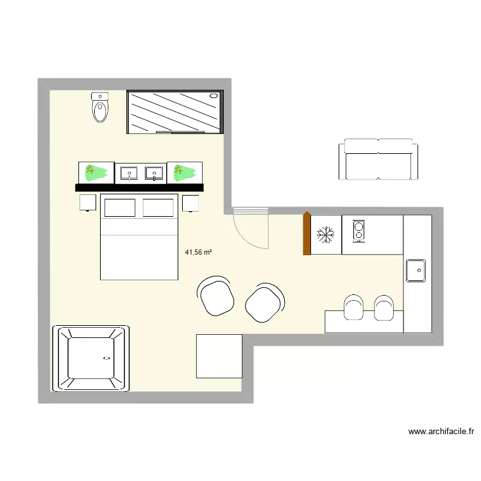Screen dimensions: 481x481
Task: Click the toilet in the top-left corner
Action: [x=101, y=108]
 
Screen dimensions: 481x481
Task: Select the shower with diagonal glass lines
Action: [x=176, y=112]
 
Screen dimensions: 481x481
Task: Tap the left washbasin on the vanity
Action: [x=130, y=173]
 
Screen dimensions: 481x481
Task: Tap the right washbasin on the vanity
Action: [x=154, y=173]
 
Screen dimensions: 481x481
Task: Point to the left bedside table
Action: [x=88, y=203]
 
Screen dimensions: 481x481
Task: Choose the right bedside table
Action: [x=190, y=203]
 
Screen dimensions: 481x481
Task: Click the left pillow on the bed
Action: [x=120, y=208]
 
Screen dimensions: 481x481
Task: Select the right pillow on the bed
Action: [x=159, y=208]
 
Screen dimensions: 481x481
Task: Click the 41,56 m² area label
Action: [x=198, y=253]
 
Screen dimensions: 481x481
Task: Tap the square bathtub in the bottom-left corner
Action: [x=90, y=359]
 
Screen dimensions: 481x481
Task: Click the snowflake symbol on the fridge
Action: [x=326, y=235]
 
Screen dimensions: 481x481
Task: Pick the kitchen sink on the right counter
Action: [x=416, y=270]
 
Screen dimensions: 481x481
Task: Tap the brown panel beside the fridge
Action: [x=307, y=233]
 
